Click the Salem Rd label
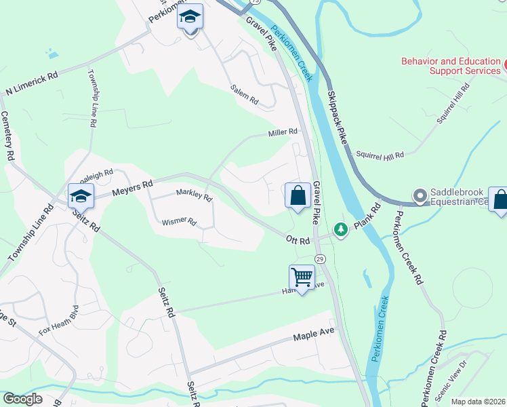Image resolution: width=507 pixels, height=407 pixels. coord(244,95)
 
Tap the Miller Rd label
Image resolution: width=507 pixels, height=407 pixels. coord(283,132)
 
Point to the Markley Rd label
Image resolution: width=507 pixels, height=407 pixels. coord(194,195)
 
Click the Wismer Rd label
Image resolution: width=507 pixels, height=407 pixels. coord(179,222)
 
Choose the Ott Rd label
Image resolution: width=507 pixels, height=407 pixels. coord(298,240)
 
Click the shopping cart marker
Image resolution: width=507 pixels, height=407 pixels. coord(302,277)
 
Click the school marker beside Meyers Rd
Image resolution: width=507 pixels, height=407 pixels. coord(81,196)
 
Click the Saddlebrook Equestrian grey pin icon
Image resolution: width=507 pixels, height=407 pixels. coord(420,197)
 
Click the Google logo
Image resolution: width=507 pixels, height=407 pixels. coord(23,399)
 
